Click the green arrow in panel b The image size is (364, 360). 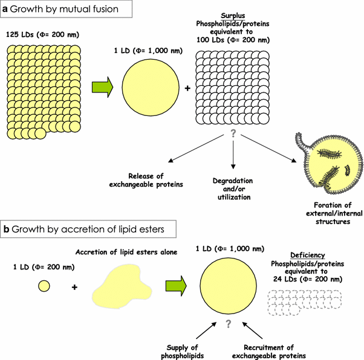point(172,285)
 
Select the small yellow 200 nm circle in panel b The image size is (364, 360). point(45,285)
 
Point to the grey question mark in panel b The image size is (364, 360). point(228,325)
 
